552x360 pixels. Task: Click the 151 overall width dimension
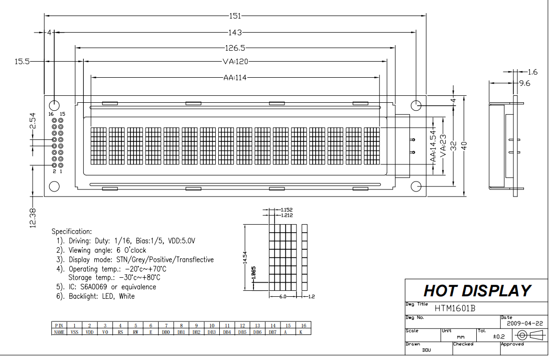[235, 16]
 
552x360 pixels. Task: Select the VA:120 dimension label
[236, 62]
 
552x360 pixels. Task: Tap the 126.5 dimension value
[235, 48]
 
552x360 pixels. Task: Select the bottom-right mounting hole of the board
[417, 187]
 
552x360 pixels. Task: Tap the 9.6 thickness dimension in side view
[525, 84]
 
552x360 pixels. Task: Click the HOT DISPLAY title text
[477, 291]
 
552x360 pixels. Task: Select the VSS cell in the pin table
[74, 331]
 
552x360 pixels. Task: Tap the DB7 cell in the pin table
[272, 331]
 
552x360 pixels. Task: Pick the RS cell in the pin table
[120, 331]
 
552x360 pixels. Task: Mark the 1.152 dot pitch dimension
[287, 209]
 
